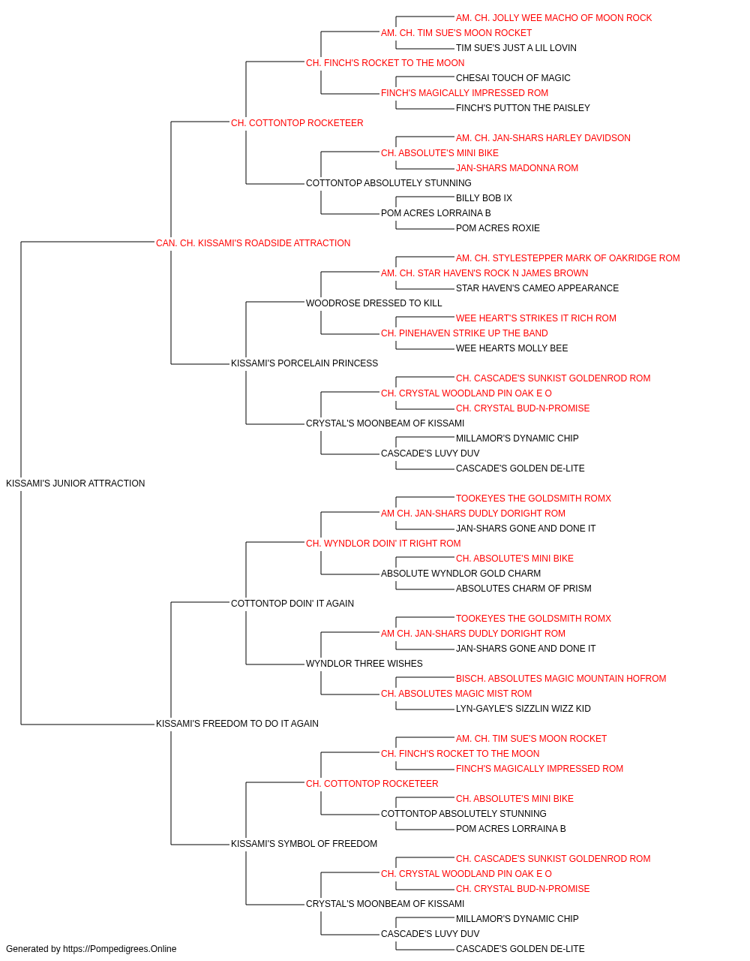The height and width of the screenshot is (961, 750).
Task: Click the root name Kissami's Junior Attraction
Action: (x=75, y=483)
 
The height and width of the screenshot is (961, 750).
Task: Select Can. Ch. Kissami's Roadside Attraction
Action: (x=253, y=243)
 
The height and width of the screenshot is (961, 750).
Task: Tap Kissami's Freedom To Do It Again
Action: (x=237, y=723)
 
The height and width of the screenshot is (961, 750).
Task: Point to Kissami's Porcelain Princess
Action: (x=304, y=363)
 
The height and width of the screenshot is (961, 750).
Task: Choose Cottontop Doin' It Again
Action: (x=292, y=603)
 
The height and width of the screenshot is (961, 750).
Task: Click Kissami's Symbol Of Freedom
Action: (x=304, y=843)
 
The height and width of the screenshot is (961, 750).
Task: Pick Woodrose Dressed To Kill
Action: (x=373, y=303)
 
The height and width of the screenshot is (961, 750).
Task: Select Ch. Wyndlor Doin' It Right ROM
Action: (x=383, y=543)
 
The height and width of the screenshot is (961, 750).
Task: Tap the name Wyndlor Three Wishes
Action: (x=364, y=664)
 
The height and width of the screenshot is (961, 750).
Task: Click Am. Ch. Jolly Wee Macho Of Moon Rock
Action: (x=554, y=18)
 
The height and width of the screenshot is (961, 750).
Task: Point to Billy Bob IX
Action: (x=484, y=197)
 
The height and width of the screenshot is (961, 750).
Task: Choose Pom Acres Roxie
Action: (x=498, y=227)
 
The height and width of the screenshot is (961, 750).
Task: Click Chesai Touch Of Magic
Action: (x=513, y=78)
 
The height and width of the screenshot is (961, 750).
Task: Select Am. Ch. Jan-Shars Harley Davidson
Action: (x=543, y=138)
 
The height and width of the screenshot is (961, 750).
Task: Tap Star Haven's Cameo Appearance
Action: (x=537, y=288)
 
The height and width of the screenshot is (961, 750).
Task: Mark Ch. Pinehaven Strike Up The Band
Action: (x=464, y=333)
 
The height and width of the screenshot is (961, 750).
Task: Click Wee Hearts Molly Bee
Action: (x=512, y=348)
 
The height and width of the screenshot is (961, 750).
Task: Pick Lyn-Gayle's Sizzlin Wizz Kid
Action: (x=523, y=709)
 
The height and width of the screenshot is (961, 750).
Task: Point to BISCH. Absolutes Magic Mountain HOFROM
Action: (x=561, y=679)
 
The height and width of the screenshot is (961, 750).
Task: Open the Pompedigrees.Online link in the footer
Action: (x=120, y=949)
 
